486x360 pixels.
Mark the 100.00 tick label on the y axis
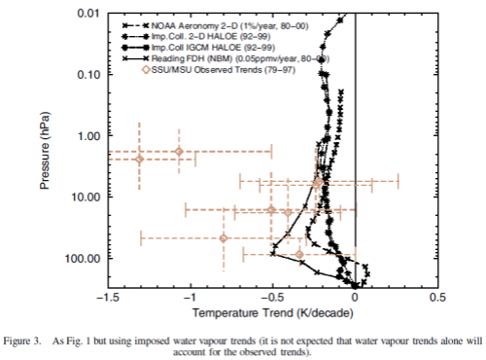(86, 258)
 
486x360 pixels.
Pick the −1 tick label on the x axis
(191, 299)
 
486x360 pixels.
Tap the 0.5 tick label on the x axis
(436, 299)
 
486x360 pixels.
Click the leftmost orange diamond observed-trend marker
(139, 159)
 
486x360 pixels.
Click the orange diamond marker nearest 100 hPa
(298, 254)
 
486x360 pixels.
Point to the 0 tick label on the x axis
(356, 299)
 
